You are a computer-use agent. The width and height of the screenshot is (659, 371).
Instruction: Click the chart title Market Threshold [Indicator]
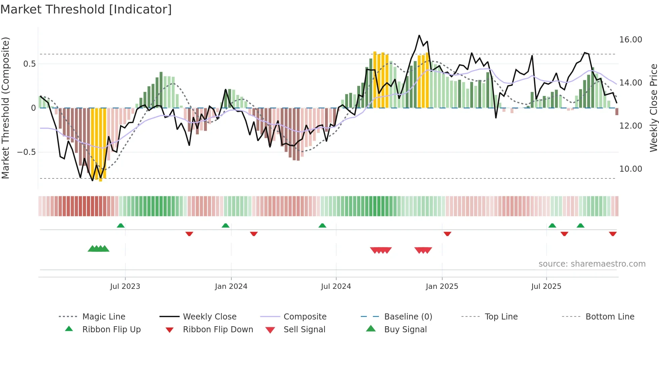coord(86,9)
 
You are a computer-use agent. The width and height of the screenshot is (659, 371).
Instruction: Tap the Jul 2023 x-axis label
coord(125,286)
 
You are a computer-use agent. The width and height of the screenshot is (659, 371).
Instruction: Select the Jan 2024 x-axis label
coord(231,286)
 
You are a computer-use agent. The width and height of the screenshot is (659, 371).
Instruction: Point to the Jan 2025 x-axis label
coord(442,286)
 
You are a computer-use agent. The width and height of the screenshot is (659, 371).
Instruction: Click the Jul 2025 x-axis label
coord(546,286)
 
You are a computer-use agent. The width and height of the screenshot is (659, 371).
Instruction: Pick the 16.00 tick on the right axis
coord(630,40)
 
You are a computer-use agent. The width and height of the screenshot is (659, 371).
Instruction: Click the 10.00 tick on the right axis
coord(630,169)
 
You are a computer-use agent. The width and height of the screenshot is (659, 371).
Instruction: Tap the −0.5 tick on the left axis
coord(26,152)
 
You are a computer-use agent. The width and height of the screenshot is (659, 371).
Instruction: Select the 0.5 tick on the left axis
coord(29,64)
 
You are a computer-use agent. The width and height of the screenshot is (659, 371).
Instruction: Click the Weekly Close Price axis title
coord(653,108)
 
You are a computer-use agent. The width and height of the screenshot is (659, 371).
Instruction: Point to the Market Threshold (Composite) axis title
coord(5,108)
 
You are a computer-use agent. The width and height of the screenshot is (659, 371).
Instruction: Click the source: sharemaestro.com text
coord(592,264)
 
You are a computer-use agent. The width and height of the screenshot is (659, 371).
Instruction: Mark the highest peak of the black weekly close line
coord(419,35)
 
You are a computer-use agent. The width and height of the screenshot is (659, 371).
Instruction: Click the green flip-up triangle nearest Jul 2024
coord(322,226)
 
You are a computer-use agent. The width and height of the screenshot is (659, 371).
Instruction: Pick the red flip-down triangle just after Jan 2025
coord(447,234)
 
